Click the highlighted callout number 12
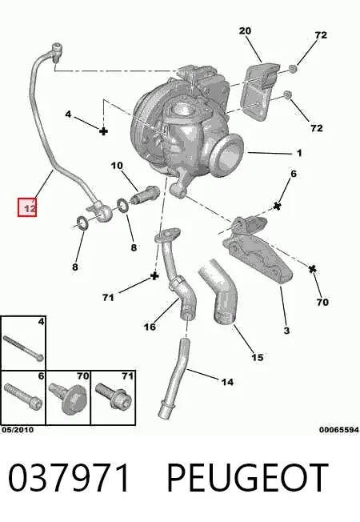[x=30, y=208]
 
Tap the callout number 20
[x=245, y=31]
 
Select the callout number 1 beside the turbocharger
[x=299, y=153]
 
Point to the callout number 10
[x=117, y=166]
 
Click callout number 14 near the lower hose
[x=227, y=382]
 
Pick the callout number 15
[x=257, y=357]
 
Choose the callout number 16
[x=150, y=327]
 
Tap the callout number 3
[x=286, y=331]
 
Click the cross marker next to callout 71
[x=154, y=276]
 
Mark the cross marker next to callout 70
[x=312, y=269]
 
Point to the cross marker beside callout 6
[x=277, y=207]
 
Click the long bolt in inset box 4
[x=23, y=348]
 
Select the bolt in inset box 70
[x=67, y=397]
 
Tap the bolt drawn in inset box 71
[x=114, y=398]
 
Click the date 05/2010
[x=18, y=430]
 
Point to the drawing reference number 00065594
[x=339, y=430]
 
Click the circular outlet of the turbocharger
[x=228, y=154]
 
